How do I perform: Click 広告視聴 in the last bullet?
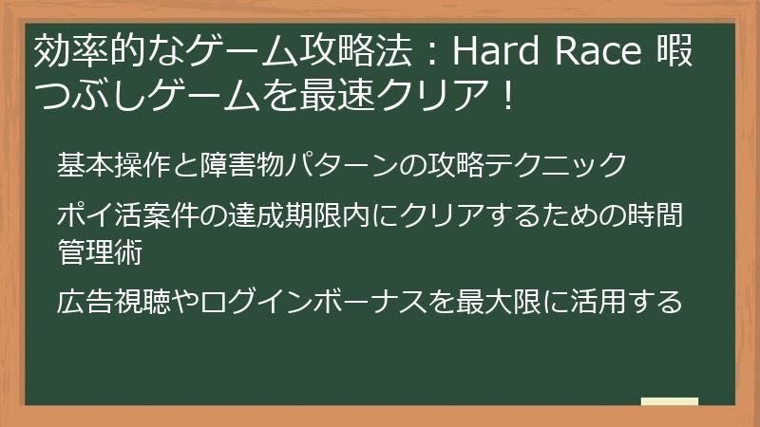pyautogui.click(x=114, y=302)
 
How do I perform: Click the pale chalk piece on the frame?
pyautogui.click(x=670, y=402)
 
